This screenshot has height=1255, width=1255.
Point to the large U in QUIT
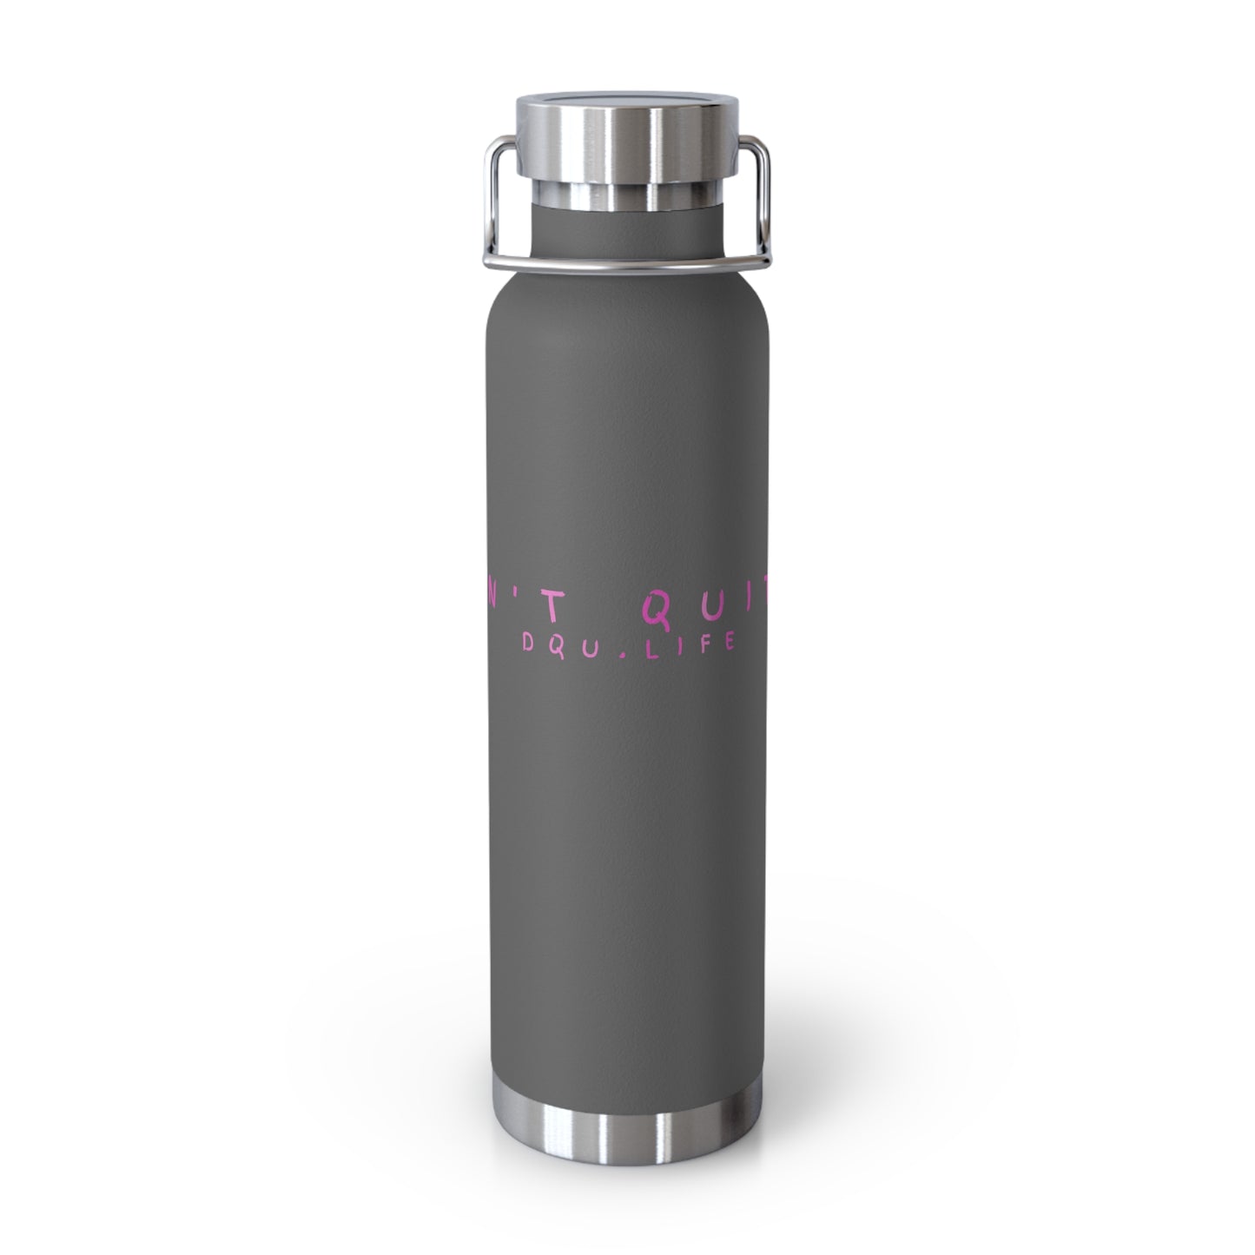(x=704, y=616)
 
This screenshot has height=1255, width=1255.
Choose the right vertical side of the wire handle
(x=771, y=200)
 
